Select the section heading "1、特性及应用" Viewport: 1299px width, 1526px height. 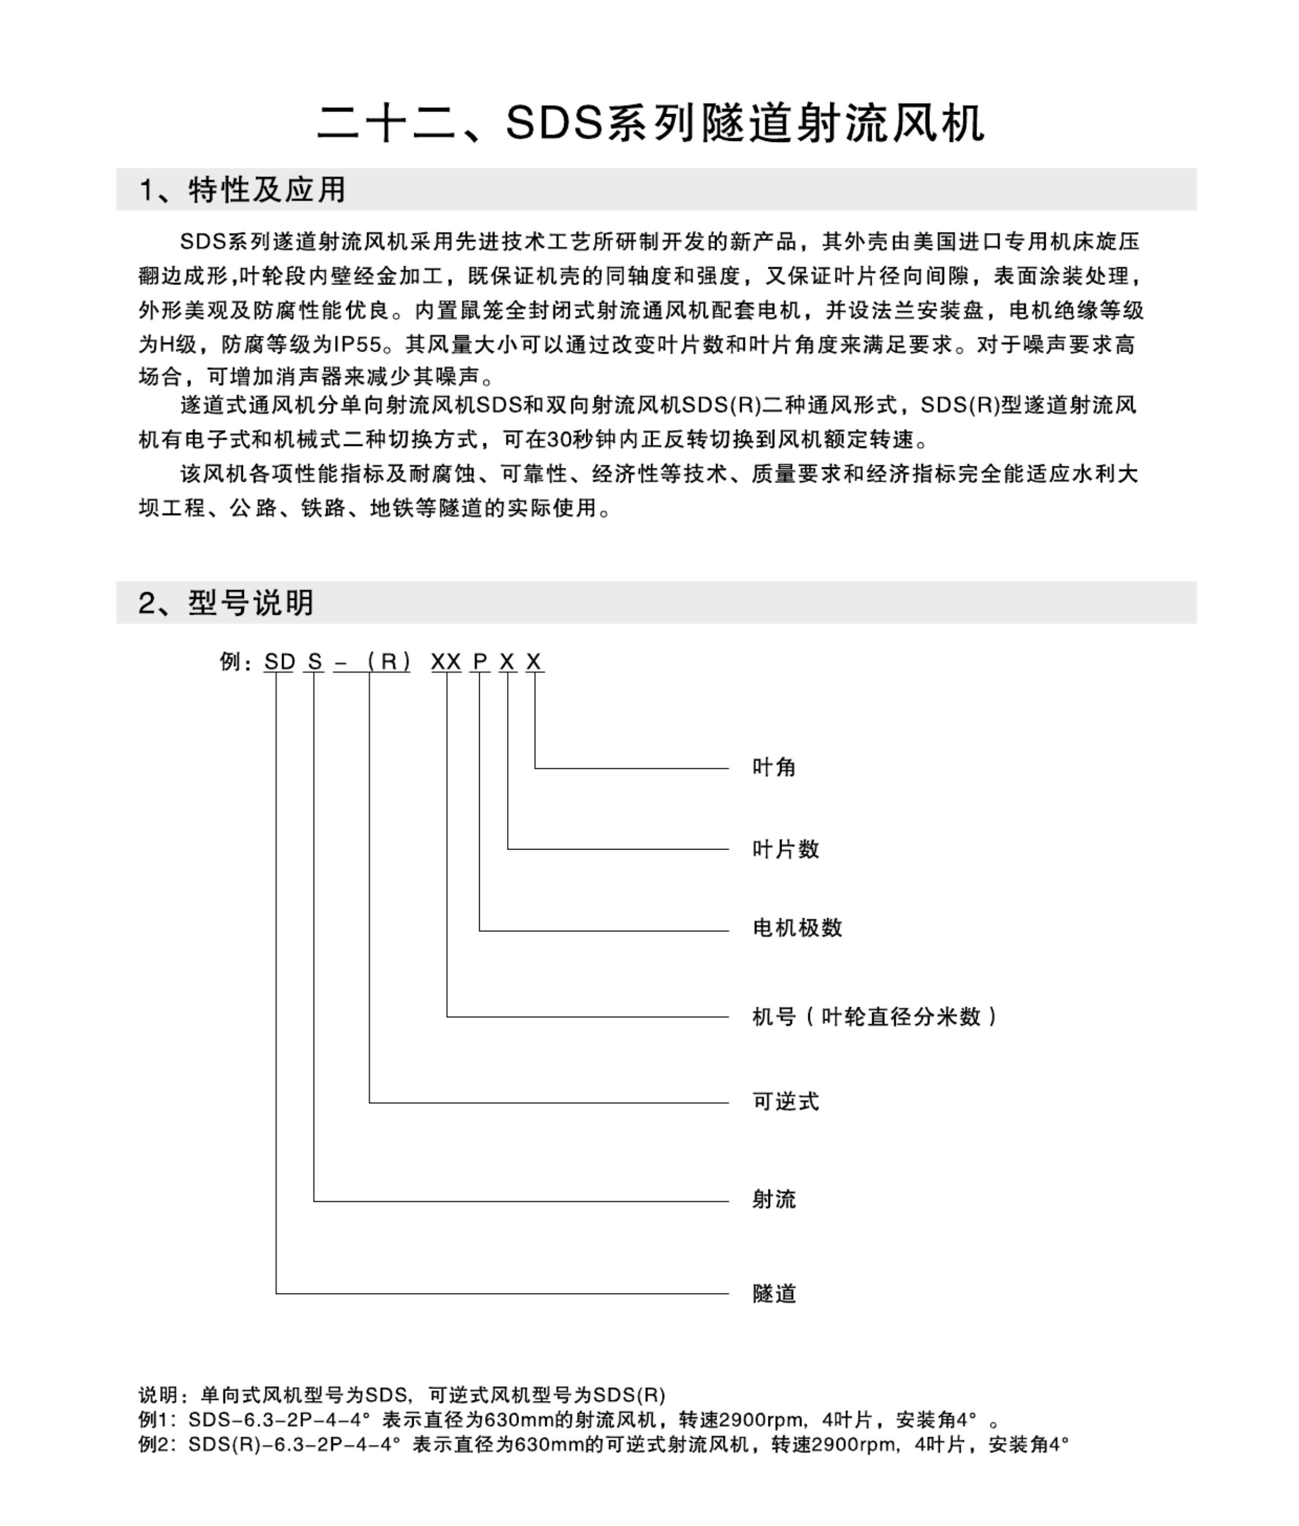pyautogui.click(x=242, y=190)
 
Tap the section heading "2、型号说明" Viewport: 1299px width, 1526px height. pyautogui.click(x=226, y=602)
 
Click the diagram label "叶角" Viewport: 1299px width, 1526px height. pyautogui.click(x=774, y=768)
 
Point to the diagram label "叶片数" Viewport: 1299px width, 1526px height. pyautogui.click(x=786, y=849)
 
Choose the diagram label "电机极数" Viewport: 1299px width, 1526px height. pyautogui.click(x=797, y=928)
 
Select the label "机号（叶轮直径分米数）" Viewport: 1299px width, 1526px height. pyautogui.click(x=875, y=1017)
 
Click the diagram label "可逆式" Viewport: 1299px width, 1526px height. pyautogui.click(x=786, y=1102)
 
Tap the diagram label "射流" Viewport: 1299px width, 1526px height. pyautogui.click(x=774, y=1200)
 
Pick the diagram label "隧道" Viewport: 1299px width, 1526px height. pyautogui.click(x=774, y=1293)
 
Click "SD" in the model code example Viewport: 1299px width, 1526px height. pyautogui.click(x=280, y=662)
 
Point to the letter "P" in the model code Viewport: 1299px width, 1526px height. pyautogui.click(x=480, y=662)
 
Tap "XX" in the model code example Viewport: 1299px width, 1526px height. pyautogui.click(x=446, y=662)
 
